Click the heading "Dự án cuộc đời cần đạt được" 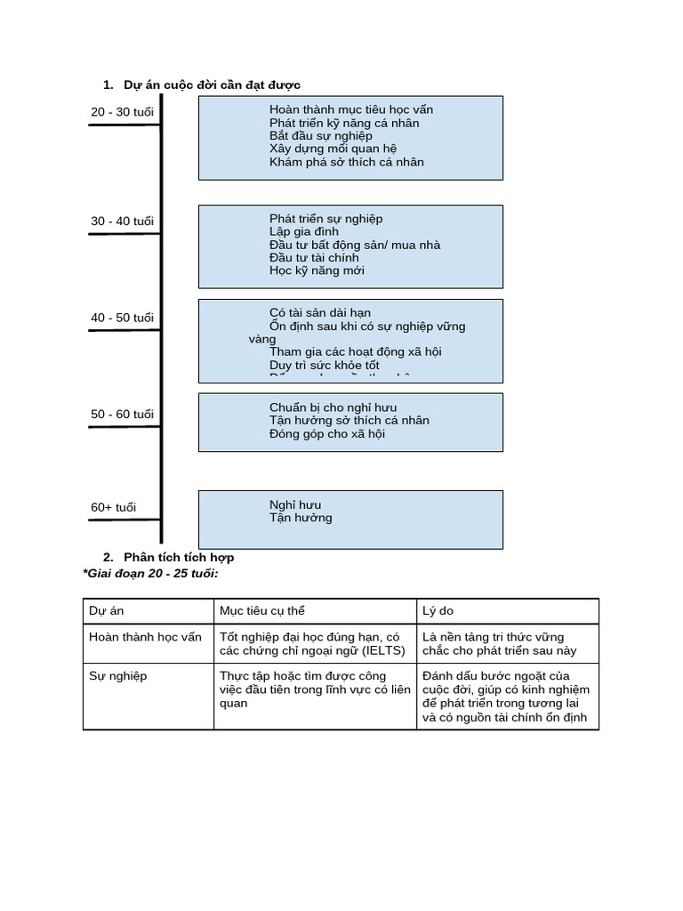pos(212,85)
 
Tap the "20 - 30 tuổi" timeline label pos(122,112)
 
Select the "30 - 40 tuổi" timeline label pos(122,222)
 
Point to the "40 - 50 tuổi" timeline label pos(122,318)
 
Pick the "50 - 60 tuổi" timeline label pos(122,415)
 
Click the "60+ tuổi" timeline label pos(114,508)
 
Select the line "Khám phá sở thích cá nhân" pos(346,162)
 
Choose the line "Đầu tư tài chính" pos(314,258)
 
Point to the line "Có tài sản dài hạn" pos(319,313)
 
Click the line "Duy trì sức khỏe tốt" pos(324,365)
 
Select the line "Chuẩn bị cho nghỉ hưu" pos(333,407)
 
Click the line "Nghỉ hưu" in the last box pos(295,504)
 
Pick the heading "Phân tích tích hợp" pos(179,557)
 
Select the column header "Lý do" pos(438,611)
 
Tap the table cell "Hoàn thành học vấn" pos(145,637)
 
